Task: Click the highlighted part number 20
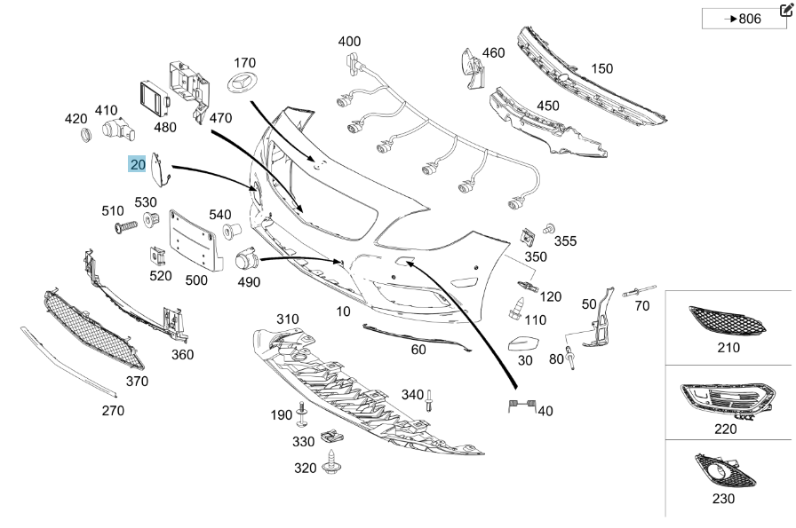point(138,164)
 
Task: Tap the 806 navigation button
point(744,19)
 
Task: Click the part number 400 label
point(349,41)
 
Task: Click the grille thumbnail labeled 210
point(727,320)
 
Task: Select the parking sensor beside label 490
point(246,262)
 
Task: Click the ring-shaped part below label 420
point(87,136)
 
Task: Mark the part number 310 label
point(287,319)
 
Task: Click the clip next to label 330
point(330,437)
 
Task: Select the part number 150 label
point(601,68)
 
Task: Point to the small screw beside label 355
point(549,228)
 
